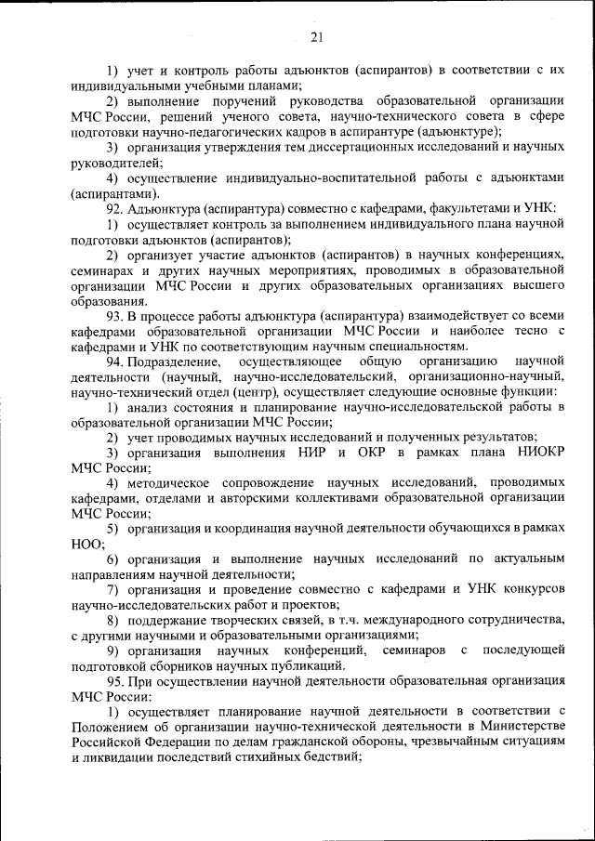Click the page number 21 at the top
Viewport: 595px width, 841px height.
(316, 38)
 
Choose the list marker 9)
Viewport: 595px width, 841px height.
(117, 650)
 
